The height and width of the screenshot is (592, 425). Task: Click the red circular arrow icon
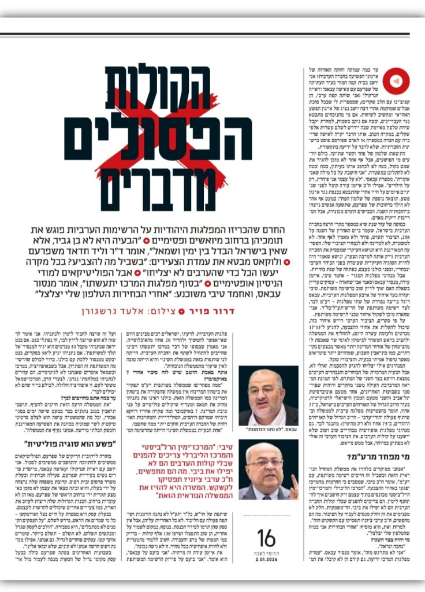point(391,79)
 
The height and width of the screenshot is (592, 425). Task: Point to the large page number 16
point(266,539)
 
